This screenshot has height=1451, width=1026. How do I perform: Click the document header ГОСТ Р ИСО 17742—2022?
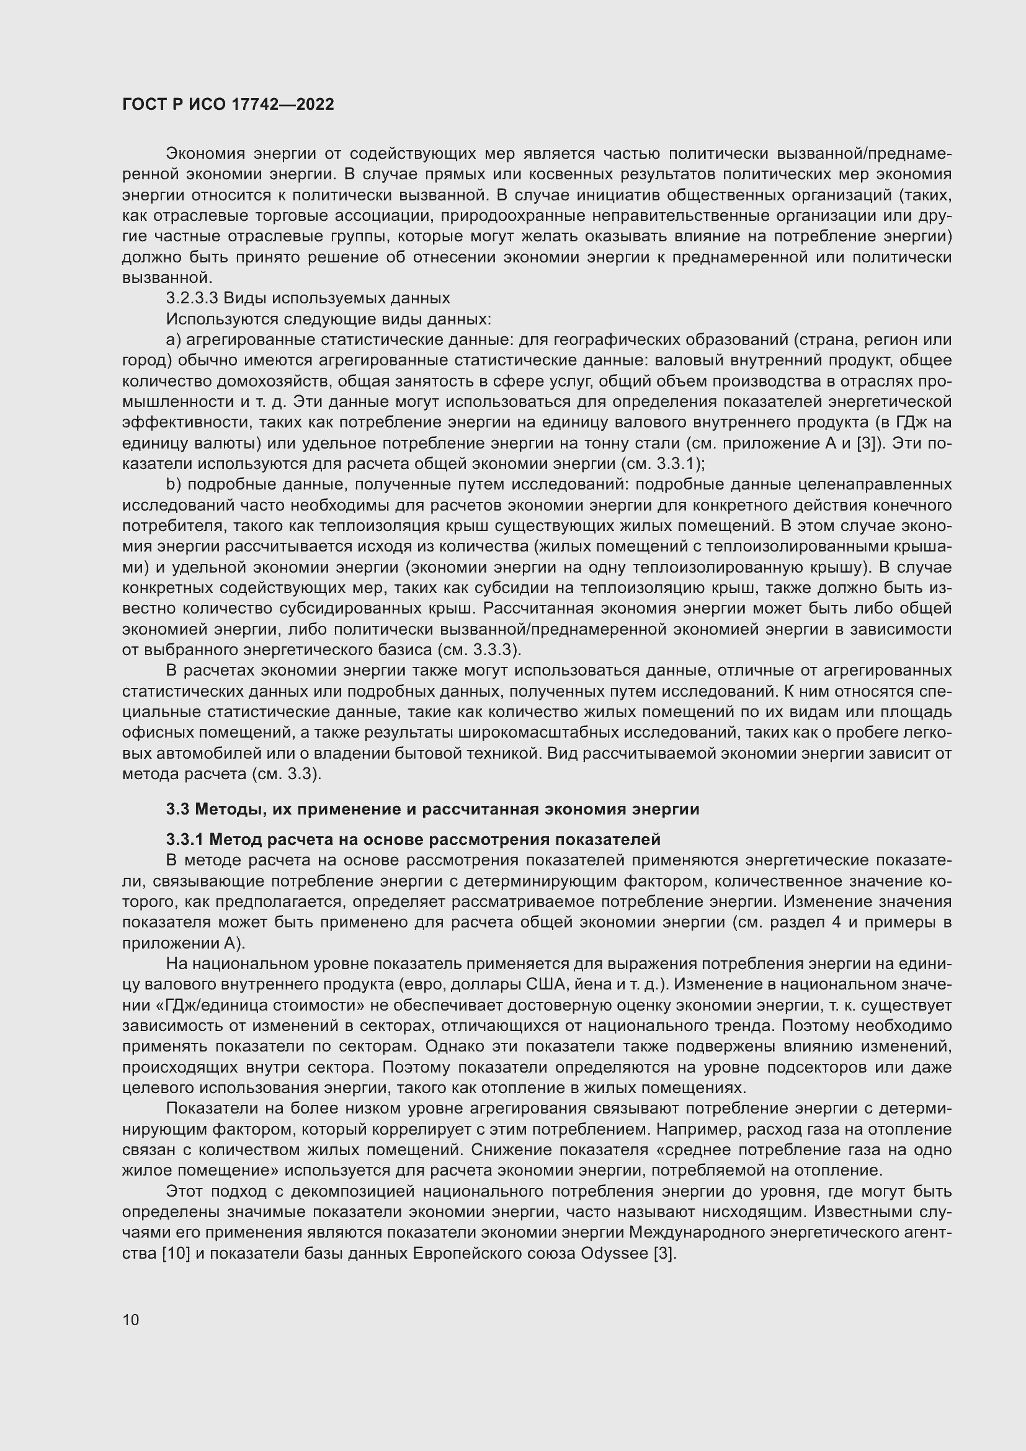(x=228, y=104)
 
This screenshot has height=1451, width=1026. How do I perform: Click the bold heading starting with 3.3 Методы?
(x=433, y=810)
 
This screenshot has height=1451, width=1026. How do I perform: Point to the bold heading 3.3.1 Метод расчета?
(x=413, y=839)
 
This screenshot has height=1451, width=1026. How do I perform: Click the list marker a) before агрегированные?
(x=173, y=340)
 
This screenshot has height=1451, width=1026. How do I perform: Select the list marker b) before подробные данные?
(x=173, y=484)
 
